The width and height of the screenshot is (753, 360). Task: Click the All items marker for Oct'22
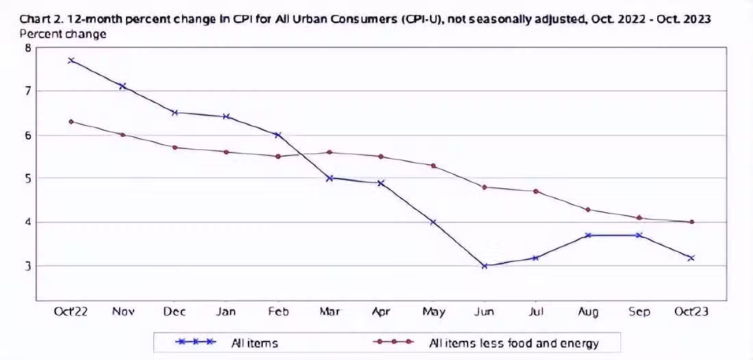point(71,60)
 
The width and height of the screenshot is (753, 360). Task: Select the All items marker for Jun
point(484,266)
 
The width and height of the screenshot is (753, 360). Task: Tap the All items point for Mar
point(329,178)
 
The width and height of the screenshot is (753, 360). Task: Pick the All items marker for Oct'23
point(691,258)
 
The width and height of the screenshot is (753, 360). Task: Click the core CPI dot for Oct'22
point(71,122)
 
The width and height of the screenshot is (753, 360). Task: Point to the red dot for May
point(433,166)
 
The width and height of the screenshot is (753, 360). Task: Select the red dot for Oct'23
point(691,222)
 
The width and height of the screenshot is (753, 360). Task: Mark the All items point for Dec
point(175,112)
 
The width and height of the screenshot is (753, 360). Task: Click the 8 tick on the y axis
point(28,47)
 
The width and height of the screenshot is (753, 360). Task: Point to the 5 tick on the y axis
point(28,179)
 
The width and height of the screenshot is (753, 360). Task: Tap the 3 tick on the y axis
point(28,266)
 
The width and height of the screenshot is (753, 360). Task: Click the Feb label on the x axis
point(277,312)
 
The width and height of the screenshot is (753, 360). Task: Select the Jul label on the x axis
point(536,312)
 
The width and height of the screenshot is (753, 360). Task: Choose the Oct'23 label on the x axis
point(691,312)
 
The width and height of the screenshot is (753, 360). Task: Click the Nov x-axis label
point(123,312)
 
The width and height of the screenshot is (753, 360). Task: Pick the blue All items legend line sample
point(196,341)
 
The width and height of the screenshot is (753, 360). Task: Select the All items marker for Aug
point(588,235)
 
